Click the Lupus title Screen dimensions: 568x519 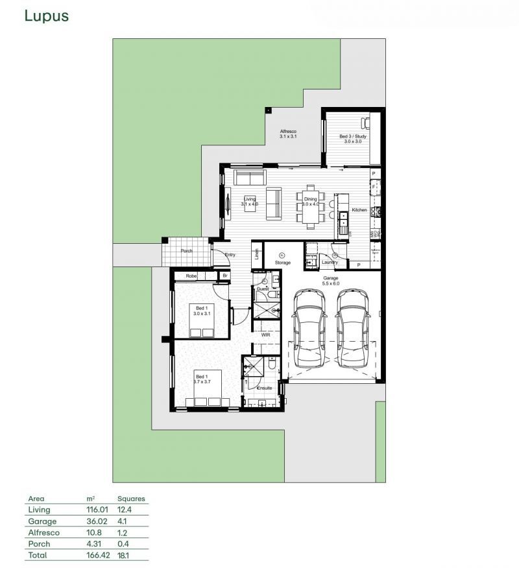pos(46,16)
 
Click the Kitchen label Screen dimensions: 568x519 pos(359,210)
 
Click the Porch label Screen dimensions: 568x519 pos(186,250)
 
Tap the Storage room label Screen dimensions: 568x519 pos(282,263)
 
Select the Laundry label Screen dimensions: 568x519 pos(330,263)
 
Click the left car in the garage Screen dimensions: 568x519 pos(309,327)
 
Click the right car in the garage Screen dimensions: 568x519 pos(353,327)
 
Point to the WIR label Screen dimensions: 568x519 pos(265,335)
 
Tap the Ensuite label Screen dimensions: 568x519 pos(265,388)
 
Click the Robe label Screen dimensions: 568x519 pos(191,276)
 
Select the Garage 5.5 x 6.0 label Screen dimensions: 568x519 pos(332,281)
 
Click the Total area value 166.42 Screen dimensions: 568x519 pos(97,556)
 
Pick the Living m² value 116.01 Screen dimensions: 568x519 pos(97,510)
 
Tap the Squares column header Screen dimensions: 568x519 pos(131,499)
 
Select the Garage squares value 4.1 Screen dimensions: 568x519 pos(123,521)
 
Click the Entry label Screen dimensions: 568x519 pos(230,255)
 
